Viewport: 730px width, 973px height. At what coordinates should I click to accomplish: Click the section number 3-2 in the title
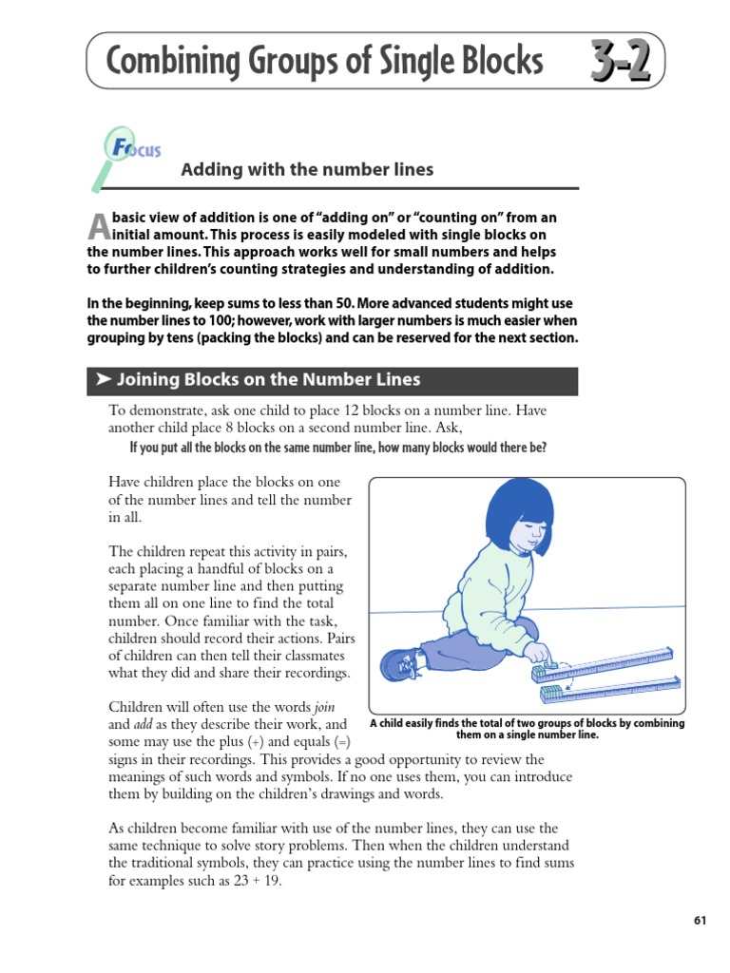coord(620,63)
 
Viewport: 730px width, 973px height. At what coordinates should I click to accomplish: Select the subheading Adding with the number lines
coord(307,169)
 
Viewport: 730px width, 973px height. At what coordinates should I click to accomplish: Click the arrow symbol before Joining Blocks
coord(103,380)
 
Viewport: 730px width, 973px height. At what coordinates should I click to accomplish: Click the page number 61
coord(701,920)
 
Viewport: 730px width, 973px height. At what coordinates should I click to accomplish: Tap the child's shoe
coord(399,663)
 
